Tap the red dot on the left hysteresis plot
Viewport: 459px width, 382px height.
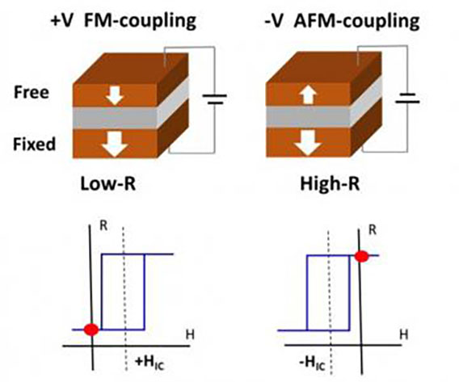[91, 329]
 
